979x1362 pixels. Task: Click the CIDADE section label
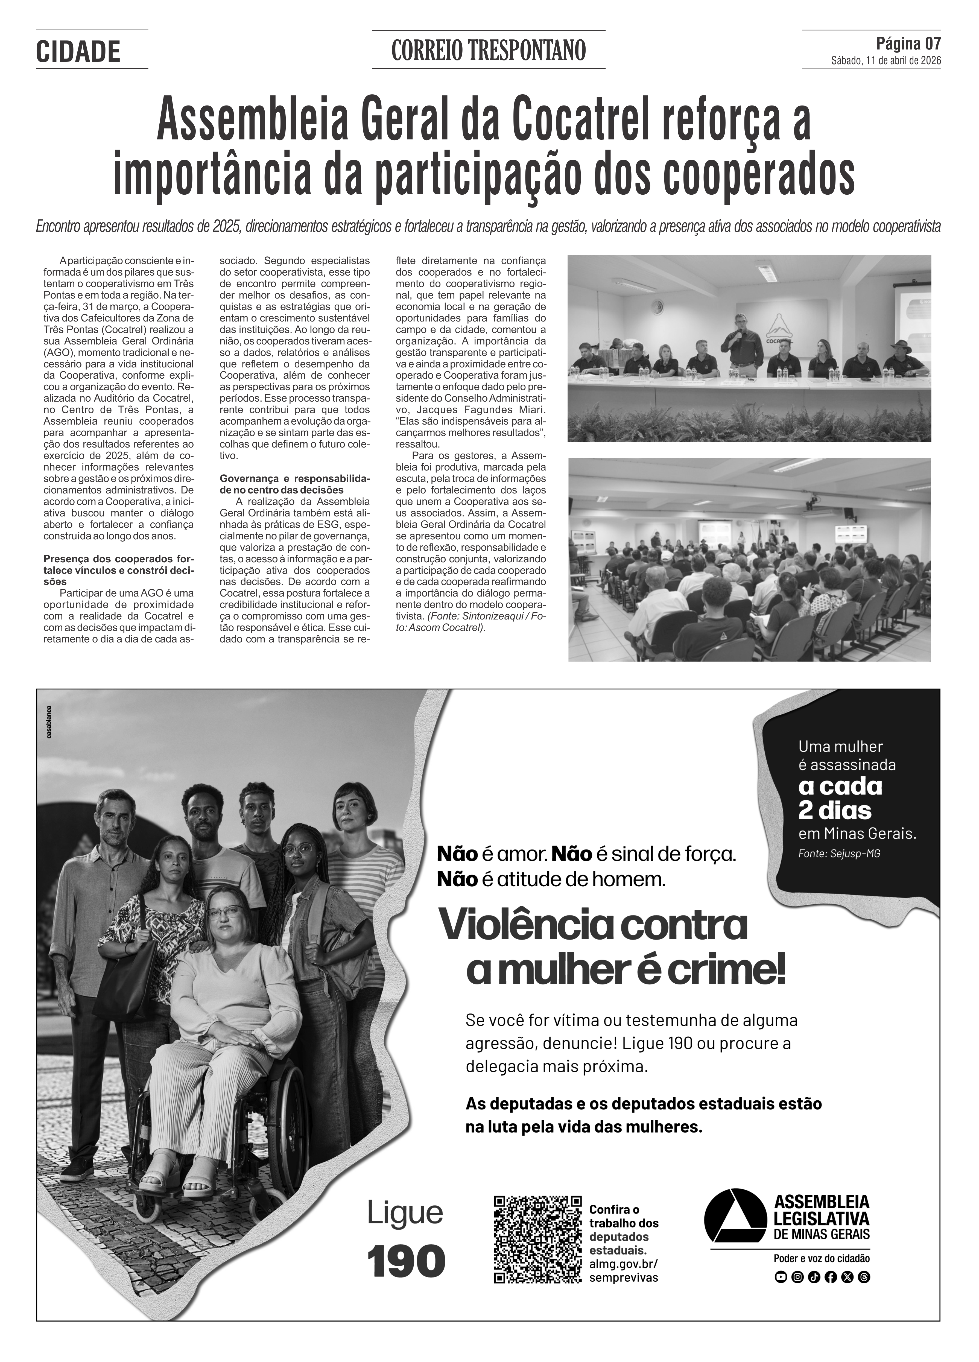point(78,52)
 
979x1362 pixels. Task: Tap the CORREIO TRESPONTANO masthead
point(488,51)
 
